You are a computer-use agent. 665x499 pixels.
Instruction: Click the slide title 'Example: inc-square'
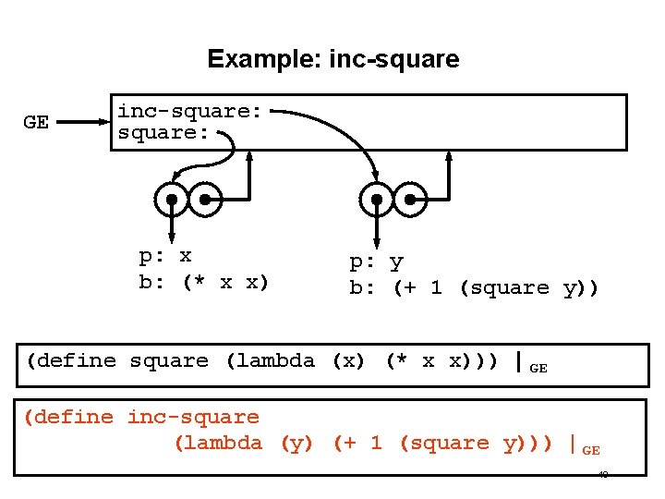coord(332,60)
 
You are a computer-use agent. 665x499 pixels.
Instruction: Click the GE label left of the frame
coord(36,123)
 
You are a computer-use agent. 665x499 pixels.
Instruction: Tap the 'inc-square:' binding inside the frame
coord(189,112)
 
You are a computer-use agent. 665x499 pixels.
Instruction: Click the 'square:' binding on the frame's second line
coord(163,133)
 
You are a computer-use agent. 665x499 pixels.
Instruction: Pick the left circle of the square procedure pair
coord(172,198)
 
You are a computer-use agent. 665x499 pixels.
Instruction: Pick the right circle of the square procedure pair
coord(206,198)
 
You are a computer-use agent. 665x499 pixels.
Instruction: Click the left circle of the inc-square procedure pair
coord(376,198)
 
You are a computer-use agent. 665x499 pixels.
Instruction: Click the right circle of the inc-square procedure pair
coord(410,198)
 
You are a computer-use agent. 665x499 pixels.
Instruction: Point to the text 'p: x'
coord(165,256)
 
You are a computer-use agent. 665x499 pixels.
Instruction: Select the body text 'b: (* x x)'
coord(203,283)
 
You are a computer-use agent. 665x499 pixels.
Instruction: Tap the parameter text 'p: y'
coord(376,262)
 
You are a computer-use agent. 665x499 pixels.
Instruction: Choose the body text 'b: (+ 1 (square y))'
coord(474,288)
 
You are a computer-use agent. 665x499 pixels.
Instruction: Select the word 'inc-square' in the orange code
coord(193,418)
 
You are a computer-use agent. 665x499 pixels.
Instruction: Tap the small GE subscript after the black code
coord(538,368)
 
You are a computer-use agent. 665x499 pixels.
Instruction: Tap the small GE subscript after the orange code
coord(591,450)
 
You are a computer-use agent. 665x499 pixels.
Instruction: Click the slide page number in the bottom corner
coord(602,475)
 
